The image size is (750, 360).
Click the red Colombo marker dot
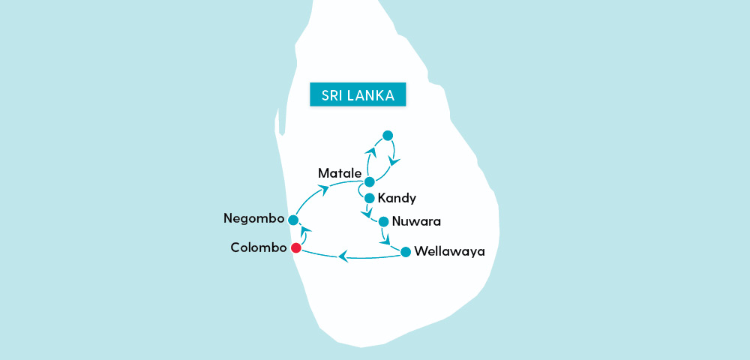pos(296,248)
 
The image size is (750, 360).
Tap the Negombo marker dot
pos(293,220)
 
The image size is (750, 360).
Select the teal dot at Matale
pos(369,181)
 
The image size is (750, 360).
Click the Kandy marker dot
pos(369,199)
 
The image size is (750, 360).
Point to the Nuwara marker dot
pos(383,221)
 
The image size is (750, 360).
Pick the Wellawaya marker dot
pos(405,252)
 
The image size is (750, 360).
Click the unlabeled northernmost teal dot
pos(387,135)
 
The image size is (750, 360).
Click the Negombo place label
pos(254,219)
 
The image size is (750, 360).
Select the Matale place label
pos(340,173)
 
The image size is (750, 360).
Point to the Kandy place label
pos(397,199)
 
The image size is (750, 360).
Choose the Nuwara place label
pos(417,222)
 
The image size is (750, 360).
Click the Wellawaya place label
pos(449,252)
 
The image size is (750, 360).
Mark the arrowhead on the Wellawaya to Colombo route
pos(343,256)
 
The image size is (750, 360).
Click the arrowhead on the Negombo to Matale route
pos(324,190)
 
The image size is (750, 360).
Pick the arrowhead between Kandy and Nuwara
pos(367,214)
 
